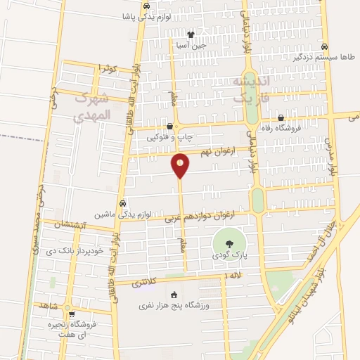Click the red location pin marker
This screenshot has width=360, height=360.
(181, 165)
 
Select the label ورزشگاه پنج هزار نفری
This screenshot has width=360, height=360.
(175, 307)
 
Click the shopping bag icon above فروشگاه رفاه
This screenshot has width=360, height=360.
(281, 117)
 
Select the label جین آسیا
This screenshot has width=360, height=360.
(191, 45)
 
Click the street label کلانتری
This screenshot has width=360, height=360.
(144, 283)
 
